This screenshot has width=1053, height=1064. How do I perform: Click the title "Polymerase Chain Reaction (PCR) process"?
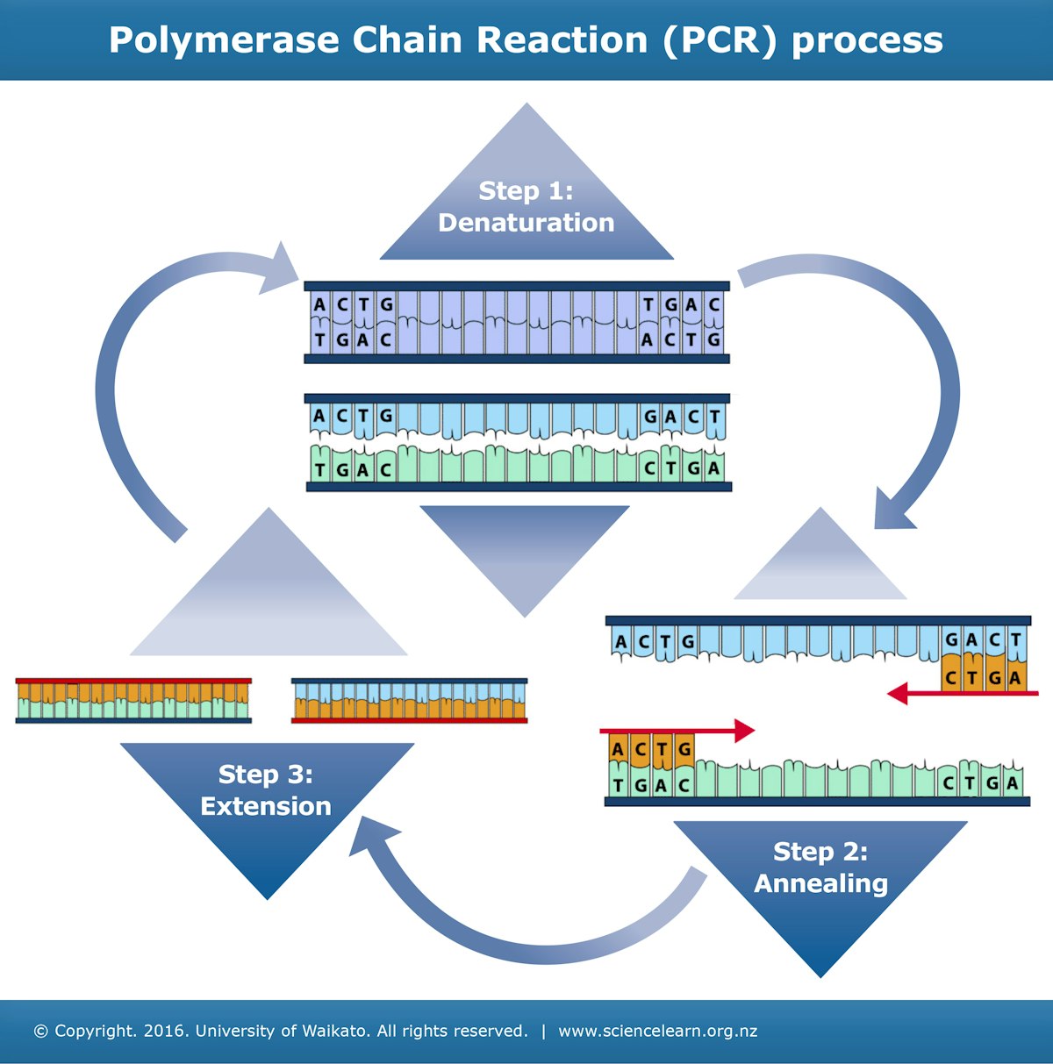[x=526, y=40]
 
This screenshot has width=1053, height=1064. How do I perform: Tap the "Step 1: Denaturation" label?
[x=526, y=207]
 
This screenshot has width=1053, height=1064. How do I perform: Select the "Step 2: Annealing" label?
[x=820, y=868]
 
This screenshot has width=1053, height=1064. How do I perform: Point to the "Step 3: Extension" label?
[x=266, y=789]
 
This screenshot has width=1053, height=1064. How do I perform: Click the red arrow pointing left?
[x=956, y=694]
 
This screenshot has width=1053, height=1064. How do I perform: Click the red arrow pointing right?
[x=677, y=730]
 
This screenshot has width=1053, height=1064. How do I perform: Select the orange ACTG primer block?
[x=650, y=749]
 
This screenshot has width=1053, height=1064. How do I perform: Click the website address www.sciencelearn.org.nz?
[x=657, y=1031]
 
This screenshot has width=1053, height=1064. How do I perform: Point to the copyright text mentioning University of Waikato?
[x=281, y=1031]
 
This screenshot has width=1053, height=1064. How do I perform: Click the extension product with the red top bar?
[x=133, y=700]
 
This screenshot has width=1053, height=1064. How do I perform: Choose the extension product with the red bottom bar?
[x=409, y=700]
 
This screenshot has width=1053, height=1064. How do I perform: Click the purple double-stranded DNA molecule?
[x=516, y=322]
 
